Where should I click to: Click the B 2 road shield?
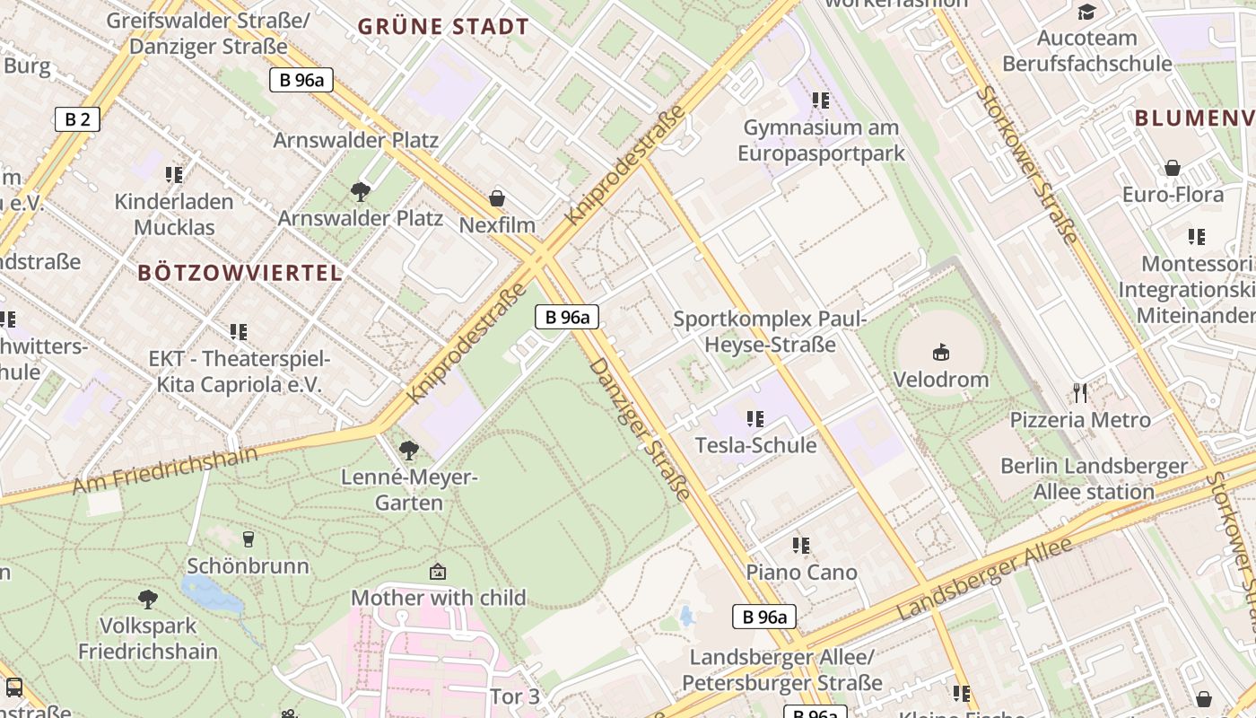point(76,119)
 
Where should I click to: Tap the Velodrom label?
point(940,380)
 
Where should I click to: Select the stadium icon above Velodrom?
point(940,352)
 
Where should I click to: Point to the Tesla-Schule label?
point(755,445)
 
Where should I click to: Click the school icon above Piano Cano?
point(801,546)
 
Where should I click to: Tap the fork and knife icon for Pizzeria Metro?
point(1080,392)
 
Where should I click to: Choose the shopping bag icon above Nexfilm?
point(497,198)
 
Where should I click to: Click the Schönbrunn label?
point(248,566)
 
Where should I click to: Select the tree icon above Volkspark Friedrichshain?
point(148,599)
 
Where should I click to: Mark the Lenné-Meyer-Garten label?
point(409,490)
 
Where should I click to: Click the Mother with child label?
point(438,598)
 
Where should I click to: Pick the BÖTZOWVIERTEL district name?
point(240,274)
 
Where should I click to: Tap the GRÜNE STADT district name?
point(443,27)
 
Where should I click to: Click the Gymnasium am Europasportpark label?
point(821,141)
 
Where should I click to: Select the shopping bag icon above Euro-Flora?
point(1172,168)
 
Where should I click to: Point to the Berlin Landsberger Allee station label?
point(1094,479)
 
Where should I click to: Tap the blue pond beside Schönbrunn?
point(209,593)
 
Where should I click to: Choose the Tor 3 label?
point(515,696)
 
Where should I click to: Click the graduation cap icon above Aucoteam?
point(1086,12)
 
